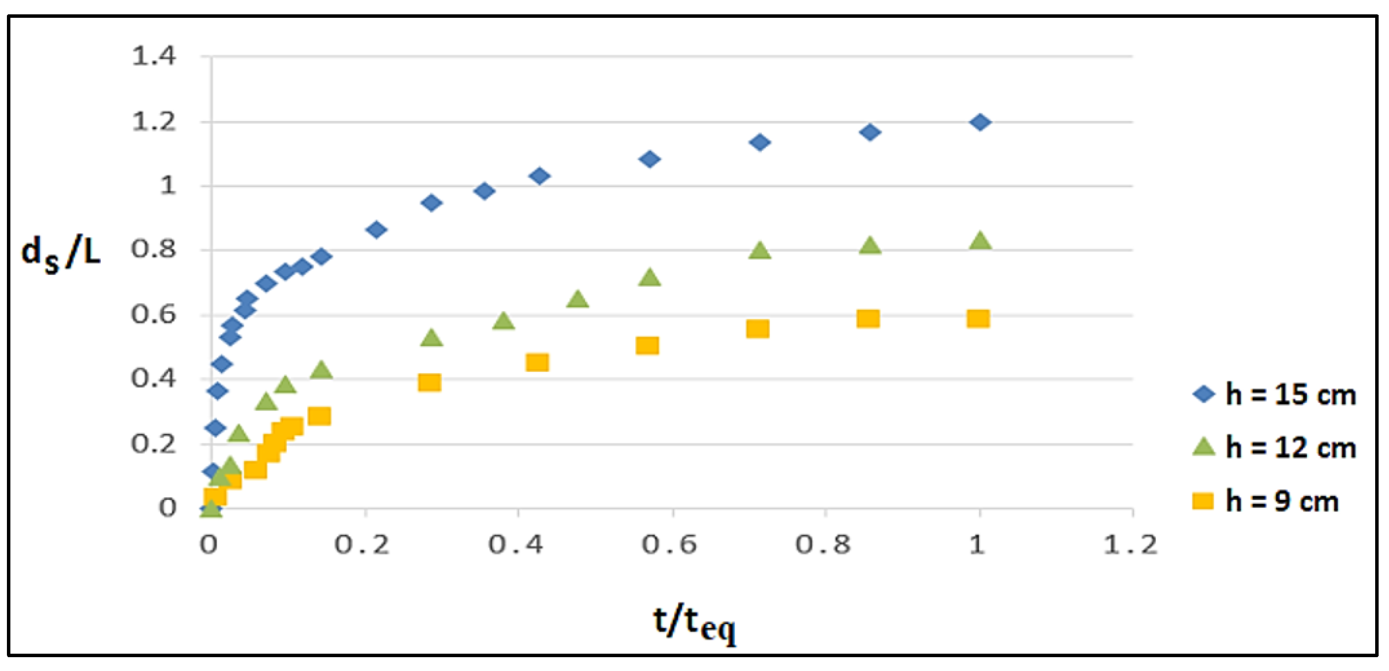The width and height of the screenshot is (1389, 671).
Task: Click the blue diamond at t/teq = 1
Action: point(979,123)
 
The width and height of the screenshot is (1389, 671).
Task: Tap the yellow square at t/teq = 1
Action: point(978,319)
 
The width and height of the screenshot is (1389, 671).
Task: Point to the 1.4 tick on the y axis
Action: point(154,56)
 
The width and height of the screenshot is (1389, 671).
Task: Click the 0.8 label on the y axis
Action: point(154,250)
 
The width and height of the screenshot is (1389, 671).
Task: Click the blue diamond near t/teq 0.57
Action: point(650,159)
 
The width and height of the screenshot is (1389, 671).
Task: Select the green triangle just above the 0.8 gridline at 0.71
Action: point(759,251)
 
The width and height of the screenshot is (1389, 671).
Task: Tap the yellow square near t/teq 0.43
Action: point(537,362)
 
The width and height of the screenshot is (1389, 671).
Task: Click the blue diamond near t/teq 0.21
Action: point(376,230)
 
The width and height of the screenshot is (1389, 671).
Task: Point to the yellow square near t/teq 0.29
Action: point(429,383)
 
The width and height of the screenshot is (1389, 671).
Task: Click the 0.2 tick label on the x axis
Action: point(361,545)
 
